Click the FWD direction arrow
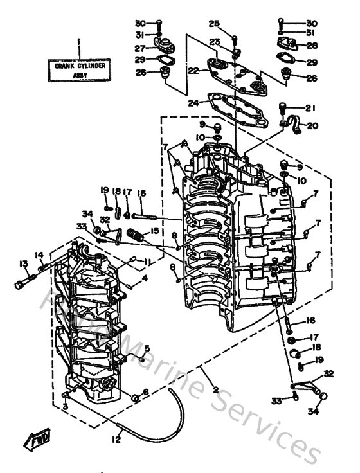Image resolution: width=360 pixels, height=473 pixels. [37, 440]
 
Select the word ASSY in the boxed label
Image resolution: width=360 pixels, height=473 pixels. [78, 74]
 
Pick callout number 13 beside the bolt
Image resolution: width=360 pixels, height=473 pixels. [24, 263]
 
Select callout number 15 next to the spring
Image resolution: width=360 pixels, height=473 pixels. [154, 229]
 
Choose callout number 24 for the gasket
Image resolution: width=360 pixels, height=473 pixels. [192, 103]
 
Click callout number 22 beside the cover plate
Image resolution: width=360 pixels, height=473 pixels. [192, 71]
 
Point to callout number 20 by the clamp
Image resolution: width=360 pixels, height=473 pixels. [312, 126]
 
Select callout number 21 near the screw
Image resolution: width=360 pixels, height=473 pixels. [312, 107]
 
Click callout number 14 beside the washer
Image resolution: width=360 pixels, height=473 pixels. [39, 255]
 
